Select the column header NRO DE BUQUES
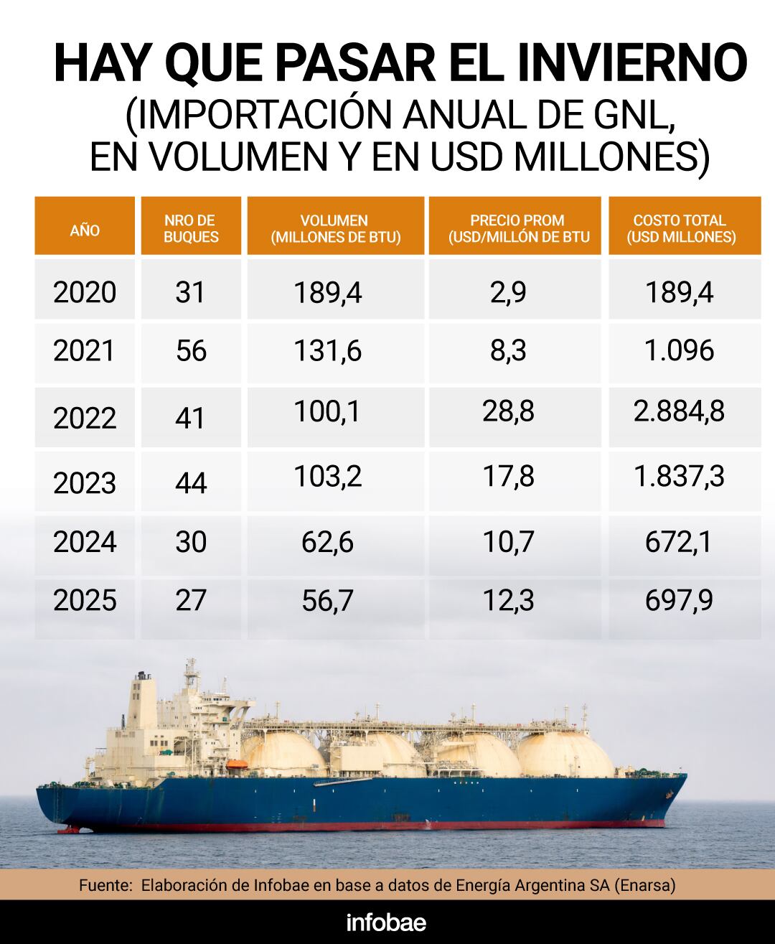(x=190, y=228)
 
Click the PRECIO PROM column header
(x=517, y=228)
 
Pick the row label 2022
(x=85, y=418)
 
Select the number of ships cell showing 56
(x=191, y=351)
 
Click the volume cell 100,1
(x=327, y=411)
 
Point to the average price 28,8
(x=508, y=411)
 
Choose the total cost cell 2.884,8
(x=679, y=411)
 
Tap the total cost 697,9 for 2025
(x=679, y=600)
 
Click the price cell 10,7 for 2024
(x=508, y=542)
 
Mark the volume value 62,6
(x=327, y=542)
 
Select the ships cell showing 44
(x=191, y=482)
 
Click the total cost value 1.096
(x=679, y=351)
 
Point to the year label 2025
(x=85, y=600)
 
